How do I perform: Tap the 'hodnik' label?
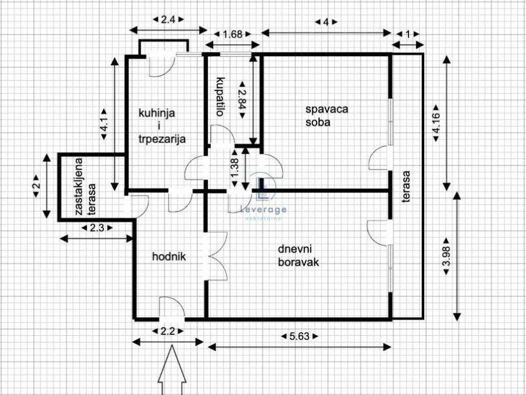pyautogui.click(x=169, y=257)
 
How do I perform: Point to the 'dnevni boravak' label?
pyautogui.click(x=298, y=256)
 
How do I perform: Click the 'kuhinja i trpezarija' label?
pyautogui.click(x=162, y=126)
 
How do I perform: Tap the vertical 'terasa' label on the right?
pyautogui.click(x=406, y=187)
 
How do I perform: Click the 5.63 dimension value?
pyautogui.click(x=299, y=336)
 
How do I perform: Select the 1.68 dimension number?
pyautogui.click(x=232, y=34)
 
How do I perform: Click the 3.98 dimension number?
pyautogui.click(x=446, y=257)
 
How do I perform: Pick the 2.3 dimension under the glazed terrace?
pyautogui.click(x=97, y=228)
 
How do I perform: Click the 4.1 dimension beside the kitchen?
pyautogui.click(x=104, y=124)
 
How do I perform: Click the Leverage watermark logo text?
pyautogui.click(x=264, y=210)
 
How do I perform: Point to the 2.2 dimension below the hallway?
pyautogui.click(x=168, y=332)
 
